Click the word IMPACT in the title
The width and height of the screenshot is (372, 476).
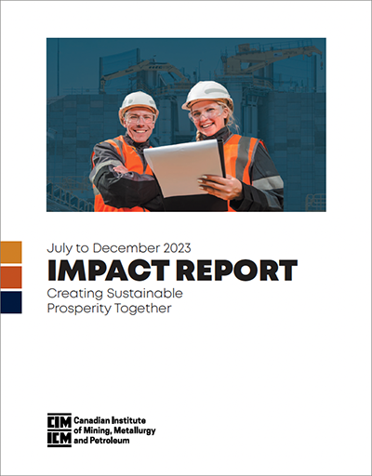pos(109,271)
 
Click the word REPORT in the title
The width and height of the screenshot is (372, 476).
pos(237,271)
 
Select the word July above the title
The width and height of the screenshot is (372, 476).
pos(60,248)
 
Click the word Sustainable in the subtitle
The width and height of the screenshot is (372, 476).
pos(144,293)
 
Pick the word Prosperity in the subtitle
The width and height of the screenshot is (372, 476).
pos(79,309)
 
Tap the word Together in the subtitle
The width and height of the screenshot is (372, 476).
pos(143,309)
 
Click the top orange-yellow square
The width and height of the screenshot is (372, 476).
pos(11,252)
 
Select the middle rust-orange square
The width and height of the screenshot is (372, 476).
pos(11,277)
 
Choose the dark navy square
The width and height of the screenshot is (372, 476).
pos(11,302)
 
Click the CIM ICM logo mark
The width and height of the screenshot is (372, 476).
pos(60,430)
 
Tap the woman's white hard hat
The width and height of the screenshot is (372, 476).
pos(207,94)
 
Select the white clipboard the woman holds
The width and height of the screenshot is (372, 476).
pos(184,168)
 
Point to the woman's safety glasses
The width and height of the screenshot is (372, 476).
pos(206,113)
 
